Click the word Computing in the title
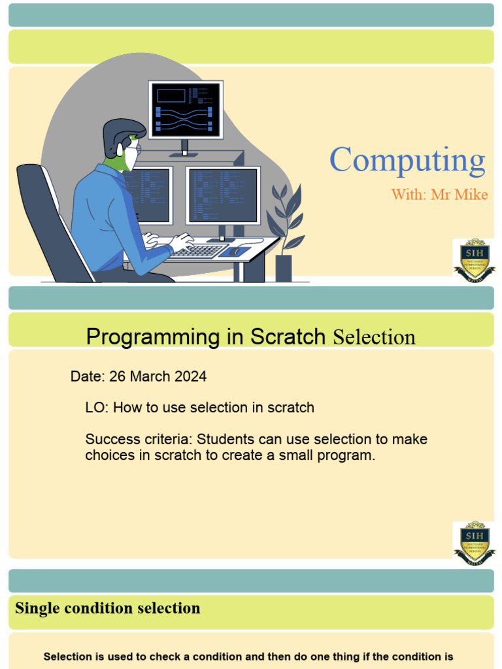pyautogui.click(x=407, y=161)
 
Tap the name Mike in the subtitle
pyautogui.click(x=473, y=195)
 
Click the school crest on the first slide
pyautogui.click(x=474, y=261)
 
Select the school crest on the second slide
pyautogui.click(x=474, y=543)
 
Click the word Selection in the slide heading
pyautogui.click(x=374, y=338)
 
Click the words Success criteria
pyautogui.click(x=139, y=439)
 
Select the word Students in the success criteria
pyautogui.click(x=223, y=439)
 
